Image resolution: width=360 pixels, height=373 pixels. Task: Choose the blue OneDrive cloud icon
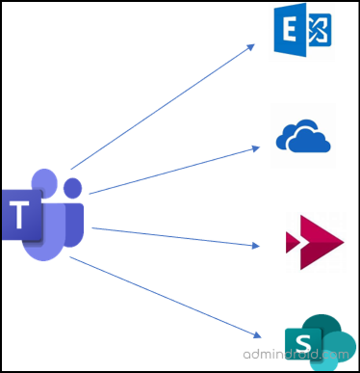point(303,137)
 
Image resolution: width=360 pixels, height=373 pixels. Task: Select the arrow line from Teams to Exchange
point(164,105)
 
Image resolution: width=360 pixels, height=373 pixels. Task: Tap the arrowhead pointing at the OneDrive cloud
point(256,148)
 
